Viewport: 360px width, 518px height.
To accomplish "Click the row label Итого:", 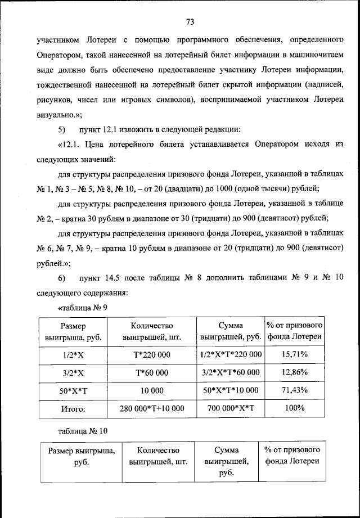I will pyautogui.click(x=73, y=408).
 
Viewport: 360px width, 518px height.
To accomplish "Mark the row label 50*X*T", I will pyautogui.click(x=73, y=390).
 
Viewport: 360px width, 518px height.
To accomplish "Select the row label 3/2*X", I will pyautogui.click(x=73, y=372).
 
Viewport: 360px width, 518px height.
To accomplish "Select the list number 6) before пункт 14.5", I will pyautogui.click(x=63, y=278).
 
